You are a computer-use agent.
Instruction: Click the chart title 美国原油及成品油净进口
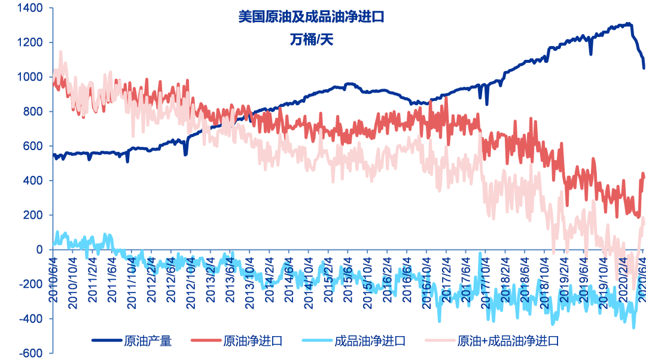pos(310,17)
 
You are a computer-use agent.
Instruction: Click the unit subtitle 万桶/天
pos(310,40)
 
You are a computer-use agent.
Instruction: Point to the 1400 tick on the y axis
pos(29,8)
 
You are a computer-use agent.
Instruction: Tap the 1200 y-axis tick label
pos(29,43)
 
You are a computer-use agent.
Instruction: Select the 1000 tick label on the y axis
pos(29,77)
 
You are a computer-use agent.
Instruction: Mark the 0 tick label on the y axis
pos(39,250)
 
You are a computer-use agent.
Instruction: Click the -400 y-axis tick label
pos(31,319)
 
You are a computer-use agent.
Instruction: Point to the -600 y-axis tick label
pos(31,353)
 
